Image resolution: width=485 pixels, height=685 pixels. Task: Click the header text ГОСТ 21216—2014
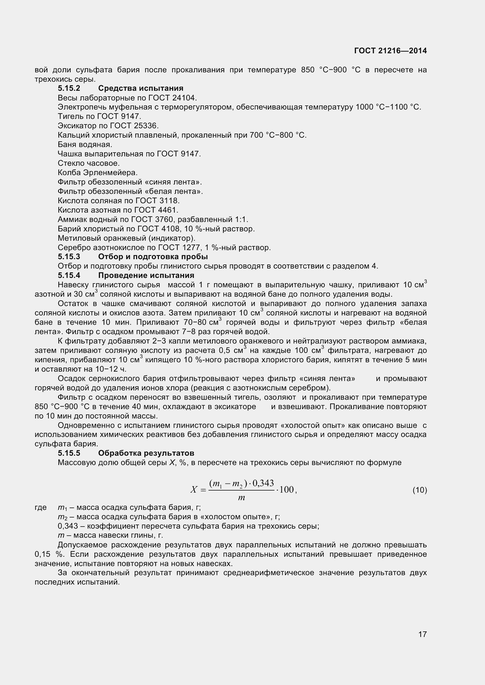pyautogui.click(x=390, y=51)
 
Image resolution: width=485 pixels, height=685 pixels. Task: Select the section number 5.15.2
pyautogui.click(x=69, y=88)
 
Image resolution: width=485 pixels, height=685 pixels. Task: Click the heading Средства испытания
pyautogui.click(x=141, y=88)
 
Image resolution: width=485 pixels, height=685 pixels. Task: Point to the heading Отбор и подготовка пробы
pyautogui.click(x=153, y=257)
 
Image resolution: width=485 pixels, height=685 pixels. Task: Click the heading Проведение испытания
pyautogui.click(x=146, y=275)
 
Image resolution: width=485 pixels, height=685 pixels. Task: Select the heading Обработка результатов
pyautogui.click(x=146, y=453)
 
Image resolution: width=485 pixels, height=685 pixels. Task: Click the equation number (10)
pyautogui.click(x=420, y=490)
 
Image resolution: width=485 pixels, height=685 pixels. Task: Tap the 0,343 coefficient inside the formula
pyautogui.click(x=263, y=483)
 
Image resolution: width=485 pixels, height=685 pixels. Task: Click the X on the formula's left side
pyautogui.click(x=194, y=490)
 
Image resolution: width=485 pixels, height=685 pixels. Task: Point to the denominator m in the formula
pyautogui.click(x=241, y=498)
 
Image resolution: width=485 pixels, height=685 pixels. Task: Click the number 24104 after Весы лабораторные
pyautogui.click(x=184, y=98)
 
